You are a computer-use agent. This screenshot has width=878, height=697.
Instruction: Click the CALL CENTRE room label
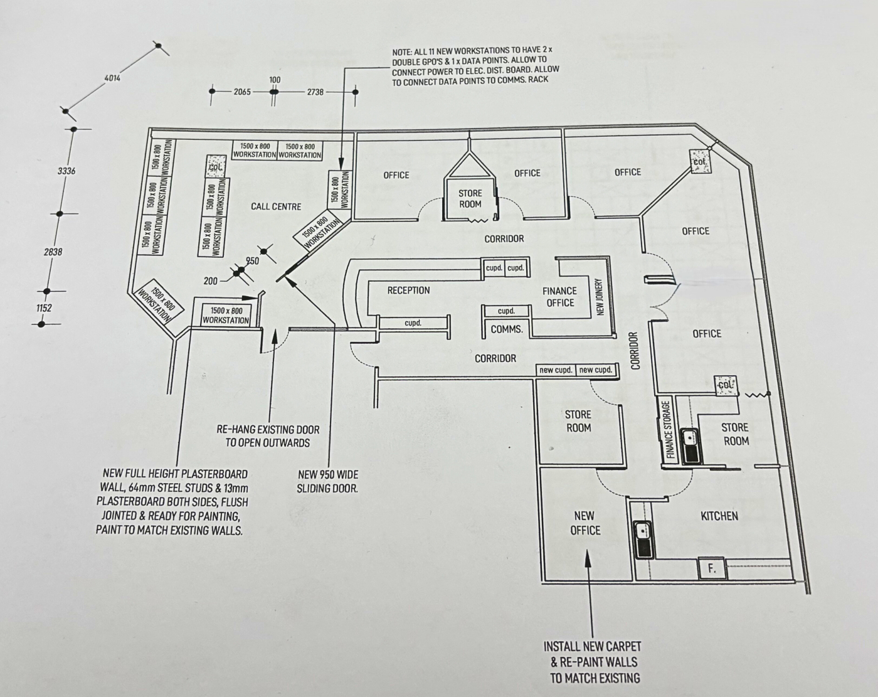click(x=276, y=206)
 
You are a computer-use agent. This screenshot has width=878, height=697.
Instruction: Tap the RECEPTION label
click(x=408, y=290)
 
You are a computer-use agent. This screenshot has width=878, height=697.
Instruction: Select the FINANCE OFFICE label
click(x=560, y=297)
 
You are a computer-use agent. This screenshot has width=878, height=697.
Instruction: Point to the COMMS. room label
click(x=507, y=329)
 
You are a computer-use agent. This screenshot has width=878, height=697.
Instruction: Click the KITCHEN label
click(x=719, y=516)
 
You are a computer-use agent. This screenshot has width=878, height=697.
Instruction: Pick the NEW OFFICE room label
click(x=584, y=523)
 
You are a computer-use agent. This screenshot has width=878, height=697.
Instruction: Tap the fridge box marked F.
click(x=712, y=568)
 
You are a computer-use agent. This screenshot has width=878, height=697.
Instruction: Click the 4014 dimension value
click(x=112, y=78)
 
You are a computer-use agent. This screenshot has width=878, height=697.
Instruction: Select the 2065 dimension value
click(x=242, y=92)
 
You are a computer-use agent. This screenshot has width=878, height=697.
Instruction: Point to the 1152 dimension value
click(x=44, y=307)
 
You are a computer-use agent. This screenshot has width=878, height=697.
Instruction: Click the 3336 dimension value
click(x=66, y=171)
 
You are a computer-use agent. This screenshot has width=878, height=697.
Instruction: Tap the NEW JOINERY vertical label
click(x=599, y=297)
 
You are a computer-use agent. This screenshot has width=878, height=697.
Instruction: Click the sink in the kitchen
click(x=644, y=540)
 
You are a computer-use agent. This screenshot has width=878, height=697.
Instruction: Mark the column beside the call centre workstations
click(x=215, y=166)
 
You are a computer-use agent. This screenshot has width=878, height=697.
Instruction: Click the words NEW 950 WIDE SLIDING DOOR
click(x=327, y=482)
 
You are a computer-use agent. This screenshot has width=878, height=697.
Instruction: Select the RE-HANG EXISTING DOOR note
click(x=268, y=436)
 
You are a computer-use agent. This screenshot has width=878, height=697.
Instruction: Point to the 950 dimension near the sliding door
click(x=252, y=261)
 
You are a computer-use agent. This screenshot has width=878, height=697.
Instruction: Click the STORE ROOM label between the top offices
click(x=470, y=198)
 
